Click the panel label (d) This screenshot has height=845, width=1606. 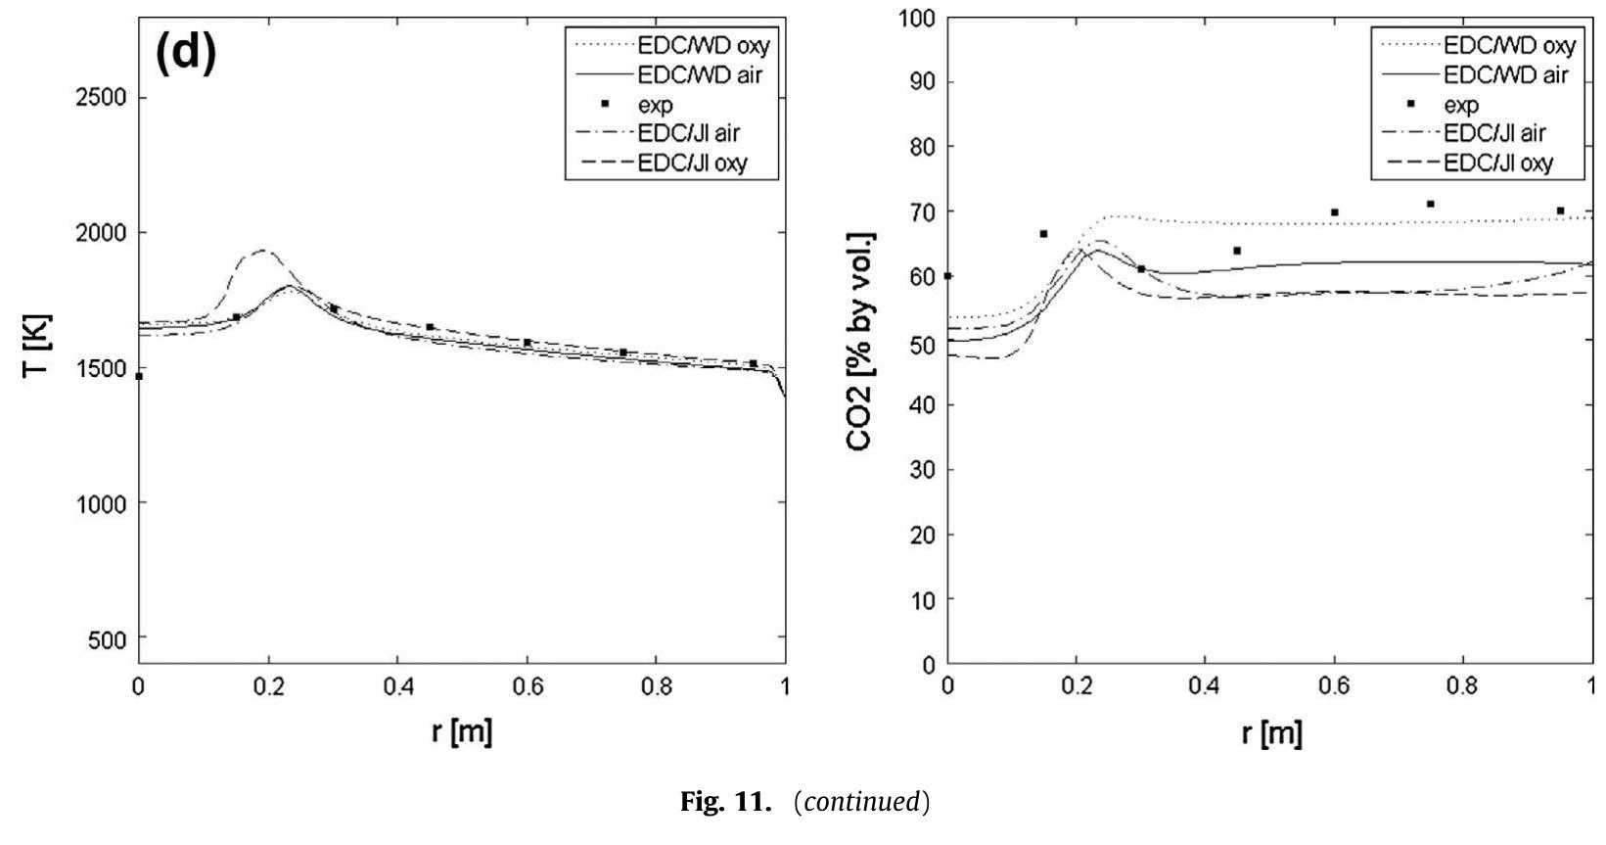185,53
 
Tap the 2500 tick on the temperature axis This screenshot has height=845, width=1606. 103,98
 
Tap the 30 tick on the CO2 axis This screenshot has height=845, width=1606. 920,470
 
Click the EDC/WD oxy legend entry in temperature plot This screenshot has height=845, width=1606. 704,46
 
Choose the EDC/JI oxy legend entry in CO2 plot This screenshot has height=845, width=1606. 1498,164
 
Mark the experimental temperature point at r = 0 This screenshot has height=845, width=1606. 139,376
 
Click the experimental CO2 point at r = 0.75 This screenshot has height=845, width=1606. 1431,204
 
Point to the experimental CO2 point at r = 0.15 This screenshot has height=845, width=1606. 1043,234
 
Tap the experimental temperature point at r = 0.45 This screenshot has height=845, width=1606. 430,327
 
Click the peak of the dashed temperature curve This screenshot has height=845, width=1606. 261,251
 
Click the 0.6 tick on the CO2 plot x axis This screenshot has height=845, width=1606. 1334,685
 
